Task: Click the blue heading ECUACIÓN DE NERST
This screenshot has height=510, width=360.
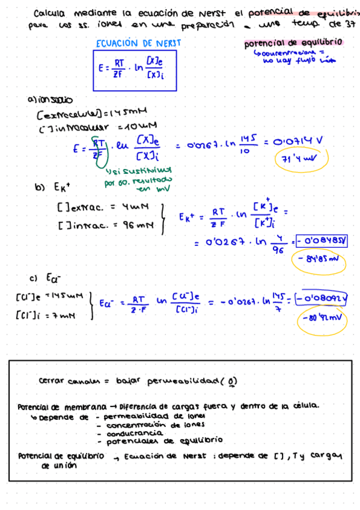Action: coord(138,43)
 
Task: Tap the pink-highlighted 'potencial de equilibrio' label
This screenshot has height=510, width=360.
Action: coord(293,43)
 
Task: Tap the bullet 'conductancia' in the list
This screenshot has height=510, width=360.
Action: coord(134,432)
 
